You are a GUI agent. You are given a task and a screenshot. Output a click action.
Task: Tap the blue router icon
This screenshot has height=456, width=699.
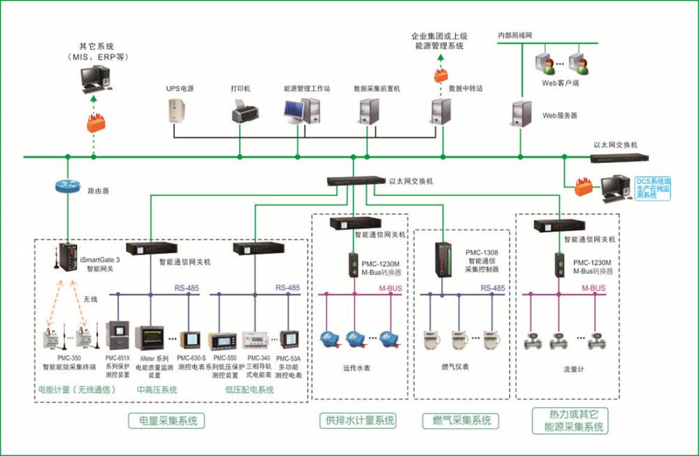[67, 187]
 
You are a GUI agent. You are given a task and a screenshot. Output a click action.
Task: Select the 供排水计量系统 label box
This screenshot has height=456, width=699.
[356, 420]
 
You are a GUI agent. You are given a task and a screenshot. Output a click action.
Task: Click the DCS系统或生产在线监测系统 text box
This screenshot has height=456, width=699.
[651, 188]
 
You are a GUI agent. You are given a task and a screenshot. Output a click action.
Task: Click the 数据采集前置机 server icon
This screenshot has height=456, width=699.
[368, 111]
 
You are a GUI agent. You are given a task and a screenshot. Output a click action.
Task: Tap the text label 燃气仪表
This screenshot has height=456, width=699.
[455, 366]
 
